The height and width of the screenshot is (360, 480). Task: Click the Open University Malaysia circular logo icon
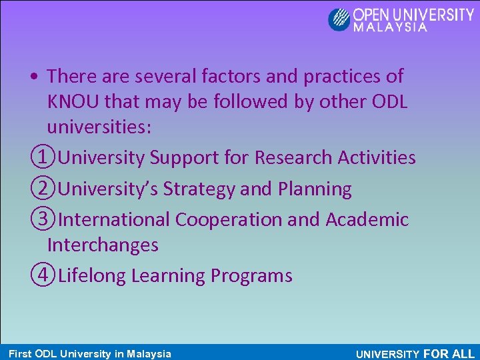339,19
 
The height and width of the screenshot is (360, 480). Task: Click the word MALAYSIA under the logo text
390,28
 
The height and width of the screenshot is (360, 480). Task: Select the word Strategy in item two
199,189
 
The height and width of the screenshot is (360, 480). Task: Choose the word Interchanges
103,245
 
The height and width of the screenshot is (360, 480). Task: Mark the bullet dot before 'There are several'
33,77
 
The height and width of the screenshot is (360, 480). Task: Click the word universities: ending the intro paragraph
99,128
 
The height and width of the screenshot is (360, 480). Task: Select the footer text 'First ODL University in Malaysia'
89,354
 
